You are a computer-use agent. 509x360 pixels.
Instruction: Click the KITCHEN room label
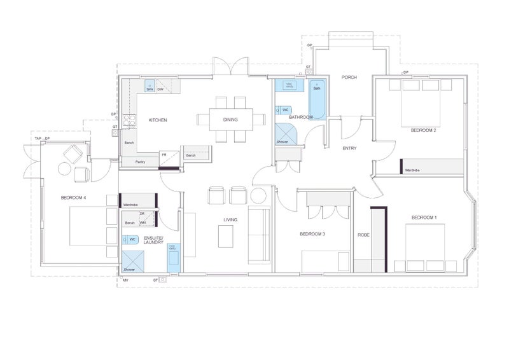158,120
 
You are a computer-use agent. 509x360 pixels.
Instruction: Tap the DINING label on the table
230,120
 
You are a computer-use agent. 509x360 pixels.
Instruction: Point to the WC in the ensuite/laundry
131,239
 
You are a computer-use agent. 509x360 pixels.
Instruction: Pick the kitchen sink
150,87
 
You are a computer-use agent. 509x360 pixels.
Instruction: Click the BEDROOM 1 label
424,218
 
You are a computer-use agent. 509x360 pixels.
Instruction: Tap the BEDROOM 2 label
423,130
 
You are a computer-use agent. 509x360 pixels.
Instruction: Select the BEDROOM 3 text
312,234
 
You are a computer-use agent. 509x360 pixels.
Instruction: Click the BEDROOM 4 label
73,198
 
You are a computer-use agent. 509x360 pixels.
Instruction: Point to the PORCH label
349,78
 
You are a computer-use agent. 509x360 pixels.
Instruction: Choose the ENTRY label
349,148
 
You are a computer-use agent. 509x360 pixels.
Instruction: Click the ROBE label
363,235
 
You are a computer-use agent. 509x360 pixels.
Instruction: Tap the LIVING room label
230,220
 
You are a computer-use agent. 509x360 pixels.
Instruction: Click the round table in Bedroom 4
65,169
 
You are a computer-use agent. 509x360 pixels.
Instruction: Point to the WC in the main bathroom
284,110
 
